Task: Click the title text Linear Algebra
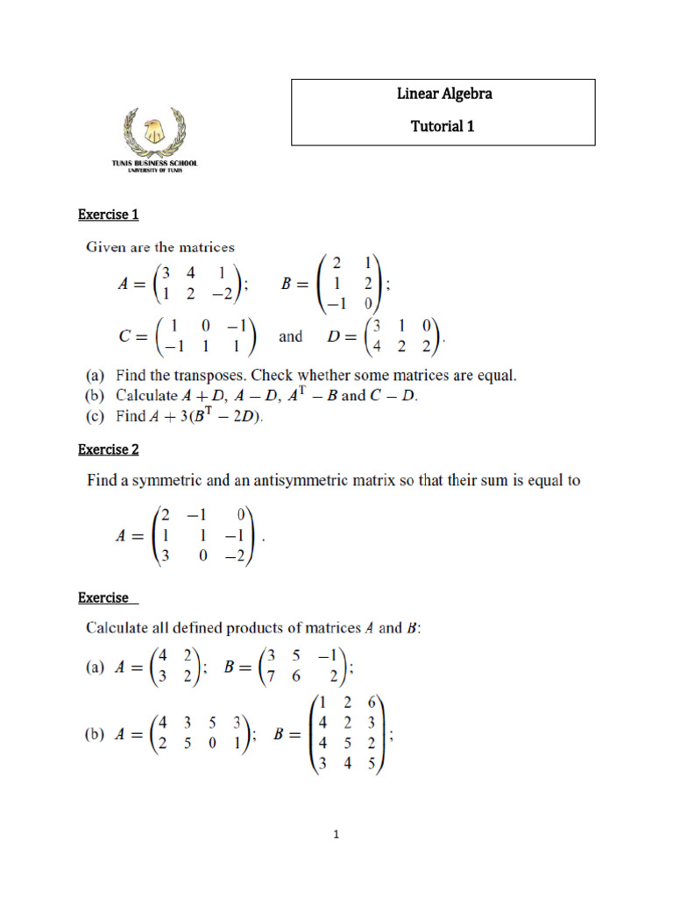point(443,94)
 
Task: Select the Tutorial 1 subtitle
point(443,126)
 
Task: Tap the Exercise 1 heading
point(109,215)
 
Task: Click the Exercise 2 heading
point(109,449)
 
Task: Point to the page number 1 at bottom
point(336,835)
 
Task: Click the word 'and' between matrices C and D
point(290,336)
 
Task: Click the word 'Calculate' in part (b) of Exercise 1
point(147,396)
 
